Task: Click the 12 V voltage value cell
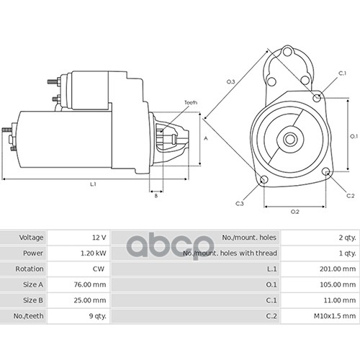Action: point(99,238)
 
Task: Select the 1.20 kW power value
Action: point(93,253)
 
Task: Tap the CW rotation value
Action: point(99,269)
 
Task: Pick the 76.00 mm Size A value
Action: point(90,284)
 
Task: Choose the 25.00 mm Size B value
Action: point(90,300)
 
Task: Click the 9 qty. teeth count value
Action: point(97,316)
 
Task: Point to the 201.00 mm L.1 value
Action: point(338,269)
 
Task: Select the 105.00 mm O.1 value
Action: point(338,284)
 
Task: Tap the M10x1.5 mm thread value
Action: point(335,316)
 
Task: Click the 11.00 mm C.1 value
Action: point(340,300)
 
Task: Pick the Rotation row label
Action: point(30,269)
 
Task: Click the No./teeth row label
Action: point(28,316)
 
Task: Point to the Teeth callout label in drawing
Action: point(191,102)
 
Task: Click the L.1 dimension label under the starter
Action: point(93,184)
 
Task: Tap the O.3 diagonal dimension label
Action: point(231,82)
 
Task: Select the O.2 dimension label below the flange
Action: point(295,212)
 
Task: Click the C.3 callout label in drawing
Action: point(240,204)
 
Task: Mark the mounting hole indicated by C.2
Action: point(326,171)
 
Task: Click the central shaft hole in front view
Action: point(290,140)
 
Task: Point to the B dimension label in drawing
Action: point(156,196)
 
